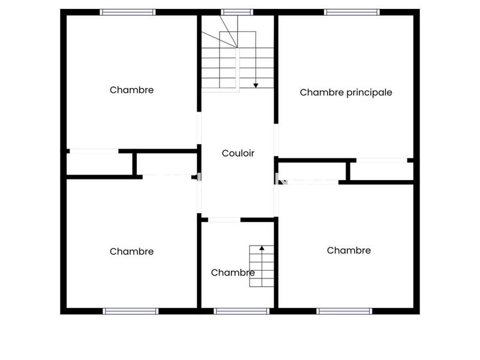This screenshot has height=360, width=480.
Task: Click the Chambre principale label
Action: pyautogui.click(x=346, y=92)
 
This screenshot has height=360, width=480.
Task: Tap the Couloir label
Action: pyautogui.click(x=238, y=154)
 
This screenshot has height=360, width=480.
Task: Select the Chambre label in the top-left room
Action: pyautogui.click(x=131, y=90)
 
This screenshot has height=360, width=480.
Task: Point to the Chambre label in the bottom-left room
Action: pyautogui.click(x=131, y=251)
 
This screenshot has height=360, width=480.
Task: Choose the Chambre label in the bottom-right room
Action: pyautogui.click(x=349, y=251)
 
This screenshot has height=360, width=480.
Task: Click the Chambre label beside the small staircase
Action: pyautogui.click(x=232, y=273)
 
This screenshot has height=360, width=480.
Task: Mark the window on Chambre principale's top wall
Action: pyautogui.click(x=352, y=11)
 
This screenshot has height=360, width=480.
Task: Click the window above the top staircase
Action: pyautogui.click(x=237, y=11)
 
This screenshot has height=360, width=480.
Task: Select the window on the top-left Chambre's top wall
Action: pyautogui.click(x=128, y=11)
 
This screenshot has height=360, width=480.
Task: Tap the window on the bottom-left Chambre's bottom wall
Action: pyautogui.click(x=130, y=311)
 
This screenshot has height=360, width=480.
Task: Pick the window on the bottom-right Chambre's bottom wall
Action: pyautogui.click(x=344, y=311)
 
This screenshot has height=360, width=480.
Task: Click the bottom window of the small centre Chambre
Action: pyautogui.click(x=241, y=311)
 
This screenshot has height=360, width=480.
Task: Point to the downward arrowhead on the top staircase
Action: pyautogui.click(x=256, y=86)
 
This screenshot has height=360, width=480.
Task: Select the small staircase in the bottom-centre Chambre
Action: pyautogui.click(x=262, y=267)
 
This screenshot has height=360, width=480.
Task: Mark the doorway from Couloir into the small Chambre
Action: pyautogui.click(x=224, y=220)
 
